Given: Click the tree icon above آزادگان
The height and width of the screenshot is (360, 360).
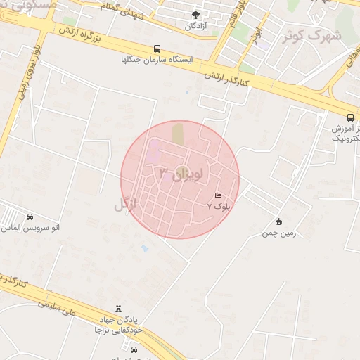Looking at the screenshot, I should (x=195, y=15).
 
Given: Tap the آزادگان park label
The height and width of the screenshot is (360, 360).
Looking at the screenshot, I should (x=195, y=26).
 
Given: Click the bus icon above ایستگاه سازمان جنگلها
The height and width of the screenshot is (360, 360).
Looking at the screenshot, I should (x=157, y=49).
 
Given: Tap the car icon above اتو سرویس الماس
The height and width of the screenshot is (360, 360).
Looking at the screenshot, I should (x=30, y=217).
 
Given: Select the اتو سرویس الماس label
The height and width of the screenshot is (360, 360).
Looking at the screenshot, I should (x=30, y=229).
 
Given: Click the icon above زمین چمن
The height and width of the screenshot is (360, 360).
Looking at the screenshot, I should (x=279, y=222).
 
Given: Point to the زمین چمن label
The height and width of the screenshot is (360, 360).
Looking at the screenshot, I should (x=279, y=233).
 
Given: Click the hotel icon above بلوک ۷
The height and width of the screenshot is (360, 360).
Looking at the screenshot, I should (x=218, y=195).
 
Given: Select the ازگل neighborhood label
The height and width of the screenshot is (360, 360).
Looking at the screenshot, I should (x=125, y=205).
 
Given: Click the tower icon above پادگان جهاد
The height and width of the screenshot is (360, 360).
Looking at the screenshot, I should (x=118, y=309).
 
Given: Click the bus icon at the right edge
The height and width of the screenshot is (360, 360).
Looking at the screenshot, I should (x=350, y=117).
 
